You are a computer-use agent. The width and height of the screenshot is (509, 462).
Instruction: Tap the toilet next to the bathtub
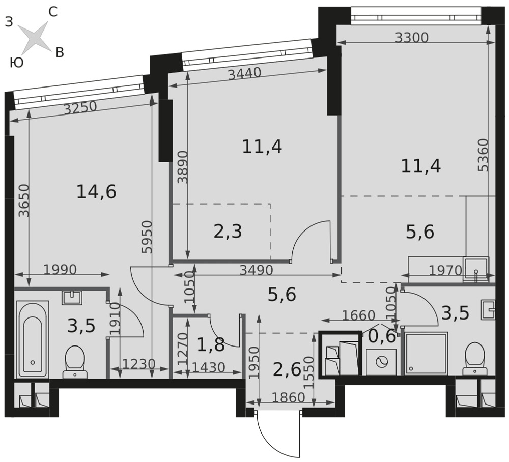pos(75,361)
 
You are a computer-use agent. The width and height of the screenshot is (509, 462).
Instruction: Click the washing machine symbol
pos(381,362)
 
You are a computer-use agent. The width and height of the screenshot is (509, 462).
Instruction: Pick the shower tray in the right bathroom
pos(427,353)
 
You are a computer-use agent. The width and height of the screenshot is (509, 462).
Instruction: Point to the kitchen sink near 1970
pos(476,268)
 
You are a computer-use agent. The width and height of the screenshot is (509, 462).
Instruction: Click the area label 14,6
pos(96,192)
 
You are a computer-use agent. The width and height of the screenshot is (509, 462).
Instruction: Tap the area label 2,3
pos(228,232)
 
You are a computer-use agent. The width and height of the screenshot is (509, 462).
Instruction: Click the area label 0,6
pos(382,336)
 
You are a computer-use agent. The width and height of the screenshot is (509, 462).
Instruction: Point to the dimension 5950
pos(148,237)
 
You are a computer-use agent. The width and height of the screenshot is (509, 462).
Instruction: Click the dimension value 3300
pos(412,38)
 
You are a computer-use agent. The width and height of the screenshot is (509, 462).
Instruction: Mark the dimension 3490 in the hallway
pos(256,270)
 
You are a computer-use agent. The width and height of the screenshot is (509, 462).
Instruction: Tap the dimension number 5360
pos(483,155)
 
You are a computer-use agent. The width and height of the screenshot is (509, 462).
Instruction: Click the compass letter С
pos(53,12)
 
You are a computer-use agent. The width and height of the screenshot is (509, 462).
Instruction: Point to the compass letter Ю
pos(17,62)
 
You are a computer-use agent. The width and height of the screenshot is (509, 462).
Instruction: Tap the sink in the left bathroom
pos(72,298)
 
